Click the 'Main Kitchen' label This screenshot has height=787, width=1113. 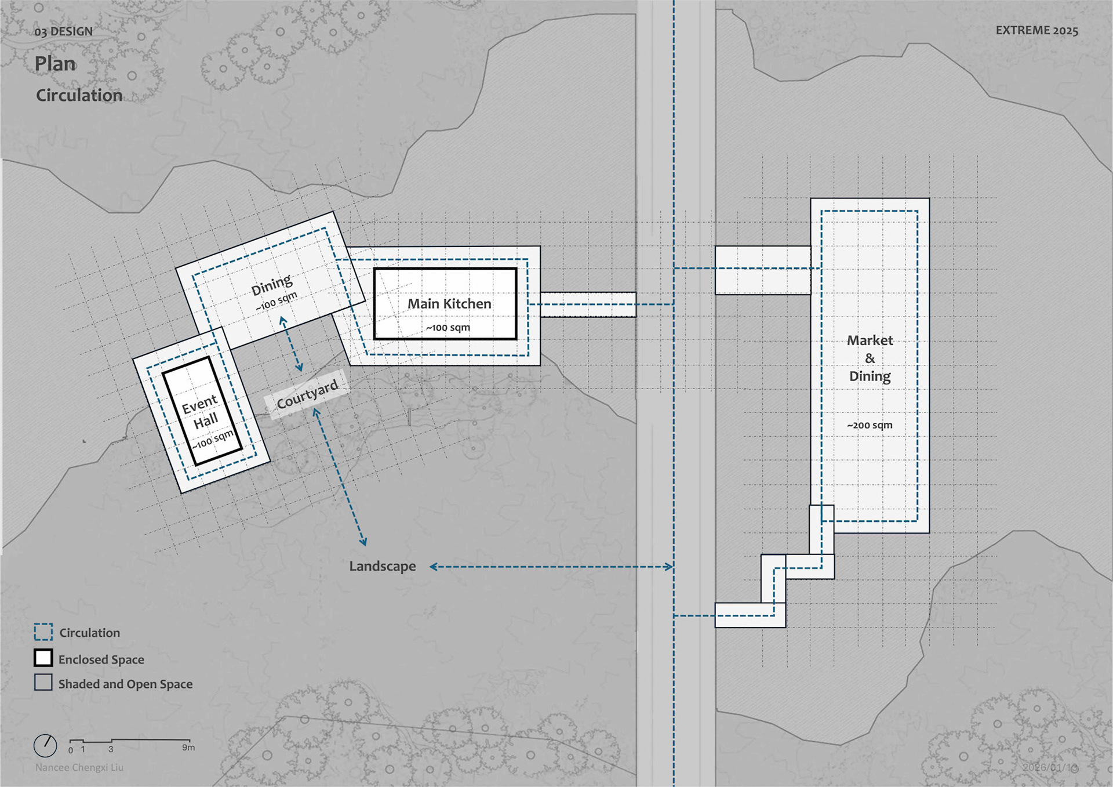tap(449, 304)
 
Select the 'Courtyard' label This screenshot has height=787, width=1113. tap(307, 394)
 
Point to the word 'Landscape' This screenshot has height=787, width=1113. tap(383, 567)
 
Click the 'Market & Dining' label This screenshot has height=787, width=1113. tap(870, 358)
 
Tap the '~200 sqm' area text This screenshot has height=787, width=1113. tap(870, 425)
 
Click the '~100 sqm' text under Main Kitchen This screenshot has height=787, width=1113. tap(448, 328)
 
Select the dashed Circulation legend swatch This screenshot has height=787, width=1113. tap(43, 632)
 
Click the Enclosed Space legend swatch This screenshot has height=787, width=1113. tap(43, 658)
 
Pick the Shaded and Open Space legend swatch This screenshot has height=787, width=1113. tap(43, 683)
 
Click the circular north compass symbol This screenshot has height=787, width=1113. tap(45, 746)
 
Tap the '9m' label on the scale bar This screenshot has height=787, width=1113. tap(188, 748)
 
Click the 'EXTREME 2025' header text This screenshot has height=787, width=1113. tap(1036, 31)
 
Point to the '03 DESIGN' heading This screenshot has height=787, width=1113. tap(64, 32)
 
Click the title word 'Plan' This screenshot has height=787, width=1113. tap(55, 64)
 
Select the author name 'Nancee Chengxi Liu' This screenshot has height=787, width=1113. tap(79, 768)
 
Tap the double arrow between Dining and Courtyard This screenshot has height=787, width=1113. tap(291, 344)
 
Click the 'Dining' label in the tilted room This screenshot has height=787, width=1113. tap(272, 285)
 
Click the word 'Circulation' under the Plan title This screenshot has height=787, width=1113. tap(79, 96)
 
